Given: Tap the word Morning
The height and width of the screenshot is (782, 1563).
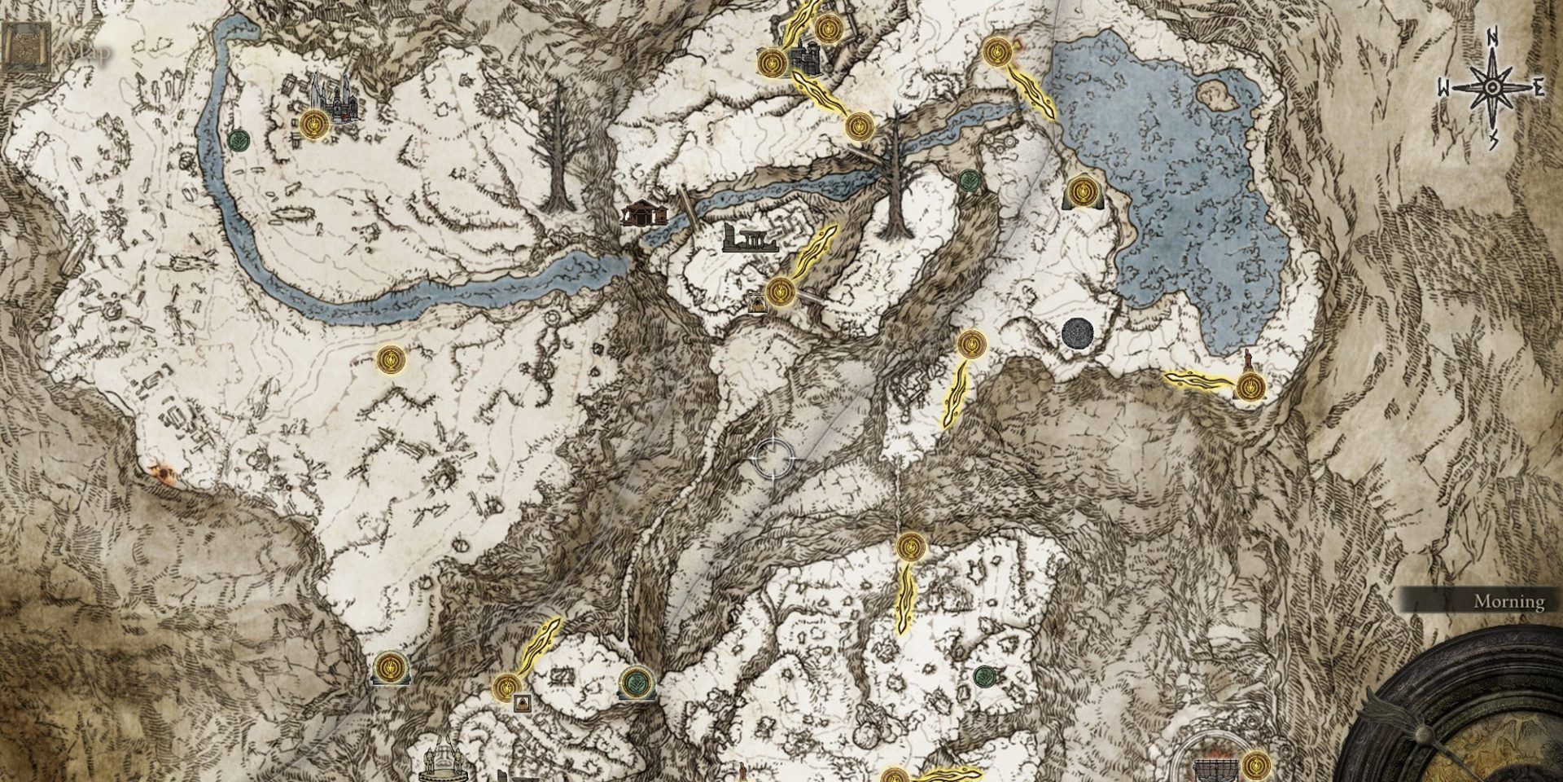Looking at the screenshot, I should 1508,602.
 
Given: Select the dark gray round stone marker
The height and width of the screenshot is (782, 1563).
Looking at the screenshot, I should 1079,333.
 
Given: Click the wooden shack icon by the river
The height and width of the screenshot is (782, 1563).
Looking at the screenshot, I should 644,213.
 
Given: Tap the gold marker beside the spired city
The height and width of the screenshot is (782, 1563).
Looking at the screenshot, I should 313,125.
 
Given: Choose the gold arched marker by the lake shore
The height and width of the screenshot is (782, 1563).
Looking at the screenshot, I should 1082,193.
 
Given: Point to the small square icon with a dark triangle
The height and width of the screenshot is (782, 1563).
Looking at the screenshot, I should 522,702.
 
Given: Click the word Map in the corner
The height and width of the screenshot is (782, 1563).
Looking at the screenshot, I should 90,51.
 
